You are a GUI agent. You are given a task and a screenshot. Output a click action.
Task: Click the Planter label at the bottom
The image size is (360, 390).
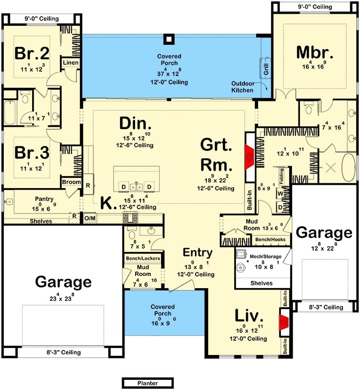[x=147, y=383]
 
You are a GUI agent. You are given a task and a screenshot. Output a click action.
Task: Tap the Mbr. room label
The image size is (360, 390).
[x=314, y=52]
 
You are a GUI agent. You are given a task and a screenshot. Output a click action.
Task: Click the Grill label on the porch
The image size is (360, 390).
[x=266, y=69]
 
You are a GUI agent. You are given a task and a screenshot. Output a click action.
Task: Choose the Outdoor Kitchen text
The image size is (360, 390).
[x=242, y=87]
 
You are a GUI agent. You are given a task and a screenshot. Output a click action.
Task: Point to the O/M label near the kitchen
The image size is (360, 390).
[x=90, y=218]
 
